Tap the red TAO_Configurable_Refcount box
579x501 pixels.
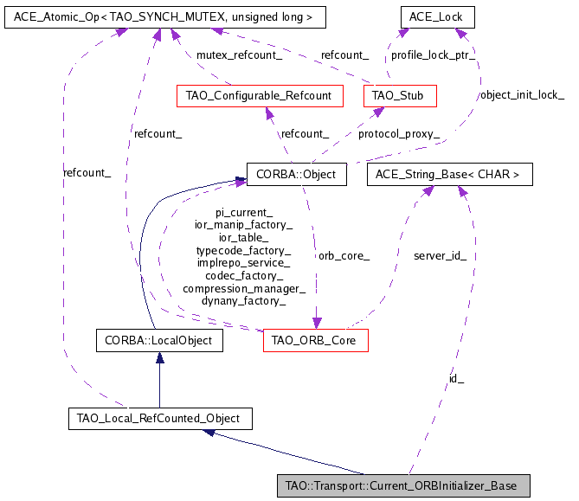pyautogui.click(x=259, y=95)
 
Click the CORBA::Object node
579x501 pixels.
pyautogui.click(x=296, y=175)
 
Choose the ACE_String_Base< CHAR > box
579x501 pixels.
pyautogui.click(x=449, y=175)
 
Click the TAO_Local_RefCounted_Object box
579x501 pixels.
pyautogui.click(x=159, y=419)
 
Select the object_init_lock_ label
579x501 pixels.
pyautogui.click(x=522, y=94)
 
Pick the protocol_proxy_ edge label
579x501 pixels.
pyautogui.click(x=399, y=134)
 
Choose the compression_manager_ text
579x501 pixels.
pyautogui.click(x=244, y=288)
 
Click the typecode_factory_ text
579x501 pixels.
pyautogui.click(x=244, y=249)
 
